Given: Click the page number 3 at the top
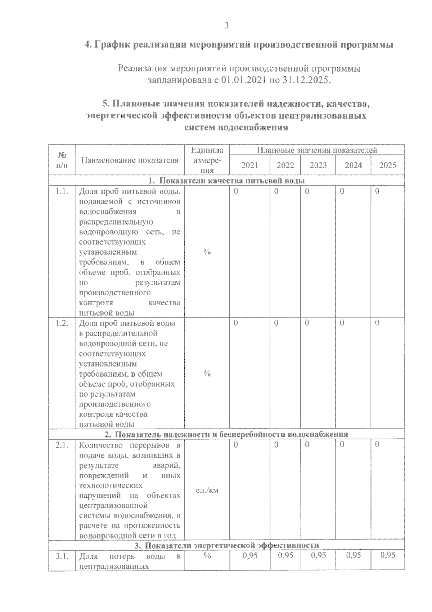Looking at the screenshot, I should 226,26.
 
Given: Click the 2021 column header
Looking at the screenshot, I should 249,165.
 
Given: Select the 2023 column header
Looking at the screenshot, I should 318,165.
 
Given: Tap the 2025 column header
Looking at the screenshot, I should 388,165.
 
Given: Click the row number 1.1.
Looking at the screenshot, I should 62,192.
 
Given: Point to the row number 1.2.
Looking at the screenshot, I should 62,323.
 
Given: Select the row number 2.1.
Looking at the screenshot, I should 62,445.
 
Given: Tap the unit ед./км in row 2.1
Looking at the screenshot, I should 207,491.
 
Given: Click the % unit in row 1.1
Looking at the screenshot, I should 207,252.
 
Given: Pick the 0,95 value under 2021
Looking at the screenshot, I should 250,555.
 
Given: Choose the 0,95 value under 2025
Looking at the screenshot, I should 388,555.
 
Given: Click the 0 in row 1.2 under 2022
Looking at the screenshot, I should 276,323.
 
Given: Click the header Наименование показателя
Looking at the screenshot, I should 130,160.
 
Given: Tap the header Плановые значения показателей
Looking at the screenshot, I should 317,150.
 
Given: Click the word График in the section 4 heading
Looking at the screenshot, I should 112,45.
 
